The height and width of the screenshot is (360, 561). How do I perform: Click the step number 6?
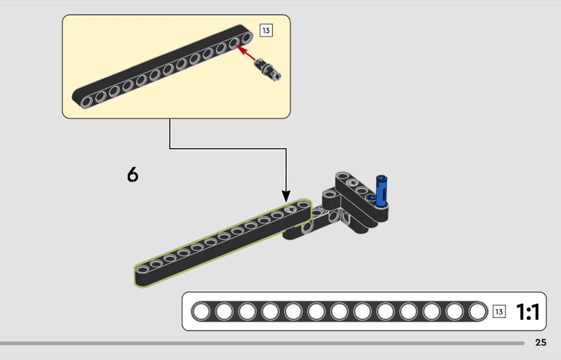point(133,173)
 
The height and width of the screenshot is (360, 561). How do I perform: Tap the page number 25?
point(540,342)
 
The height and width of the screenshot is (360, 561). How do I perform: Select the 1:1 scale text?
point(527,312)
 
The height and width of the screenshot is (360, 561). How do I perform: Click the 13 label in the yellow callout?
point(265,30)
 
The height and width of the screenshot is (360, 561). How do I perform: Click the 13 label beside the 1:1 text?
point(499,312)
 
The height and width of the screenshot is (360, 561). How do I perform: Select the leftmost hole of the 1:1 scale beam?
point(202,312)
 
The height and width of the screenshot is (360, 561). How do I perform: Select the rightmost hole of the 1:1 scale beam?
point(478,312)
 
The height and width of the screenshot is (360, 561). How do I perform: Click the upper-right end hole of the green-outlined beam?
point(302,207)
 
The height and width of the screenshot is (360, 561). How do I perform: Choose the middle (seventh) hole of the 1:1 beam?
point(340,312)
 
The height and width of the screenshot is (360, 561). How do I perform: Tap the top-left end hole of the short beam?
point(343,175)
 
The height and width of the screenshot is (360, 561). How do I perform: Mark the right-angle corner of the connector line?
point(286,148)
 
